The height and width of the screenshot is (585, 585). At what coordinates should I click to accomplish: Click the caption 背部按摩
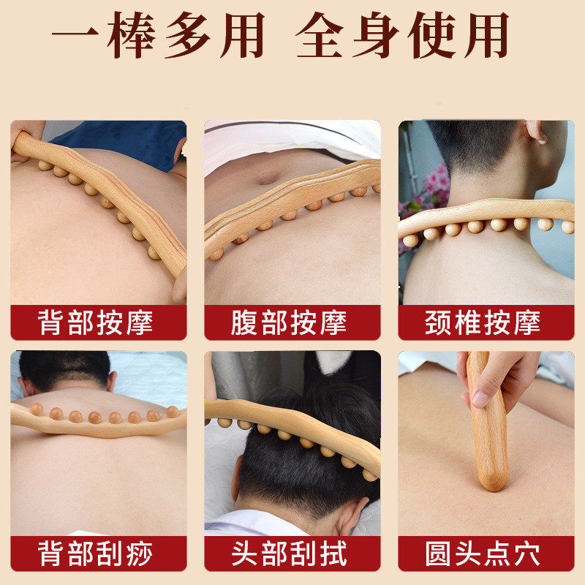click(97, 322)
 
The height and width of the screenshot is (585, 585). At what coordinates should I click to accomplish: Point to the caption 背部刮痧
click(97, 554)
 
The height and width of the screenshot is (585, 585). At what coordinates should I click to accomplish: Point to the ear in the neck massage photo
click(535, 132)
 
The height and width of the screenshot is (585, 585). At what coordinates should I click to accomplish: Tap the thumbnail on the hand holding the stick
click(480, 399)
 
